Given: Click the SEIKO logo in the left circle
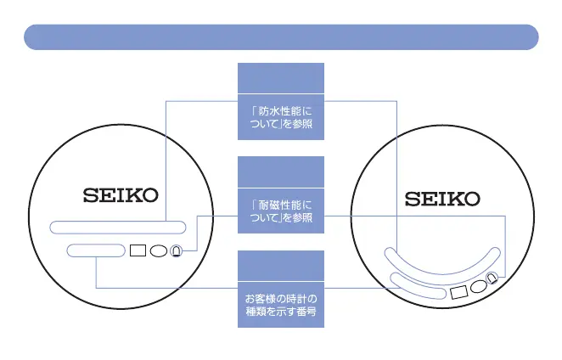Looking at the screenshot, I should [121, 196].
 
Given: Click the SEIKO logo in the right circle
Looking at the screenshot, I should [441, 200].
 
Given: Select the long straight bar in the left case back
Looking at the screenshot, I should [117, 227].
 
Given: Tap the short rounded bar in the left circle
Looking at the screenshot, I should [94, 250].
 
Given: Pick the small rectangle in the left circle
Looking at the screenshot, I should [138, 251].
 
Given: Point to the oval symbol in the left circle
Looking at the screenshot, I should [158, 251].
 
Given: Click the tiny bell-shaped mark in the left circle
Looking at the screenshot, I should [176, 251].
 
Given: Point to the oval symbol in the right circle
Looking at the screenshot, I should [478, 284].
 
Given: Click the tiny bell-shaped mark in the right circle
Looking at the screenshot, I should [492, 278].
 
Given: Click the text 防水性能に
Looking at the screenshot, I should [280, 111].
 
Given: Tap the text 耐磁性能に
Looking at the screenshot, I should [280, 205].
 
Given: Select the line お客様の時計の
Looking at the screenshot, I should [280, 299].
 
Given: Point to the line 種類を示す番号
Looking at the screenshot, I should [280, 312].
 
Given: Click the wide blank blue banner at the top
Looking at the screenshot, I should [281, 37].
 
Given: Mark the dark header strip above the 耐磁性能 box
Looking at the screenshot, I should [280, 172].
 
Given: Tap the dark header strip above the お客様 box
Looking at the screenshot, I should [280, 266].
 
